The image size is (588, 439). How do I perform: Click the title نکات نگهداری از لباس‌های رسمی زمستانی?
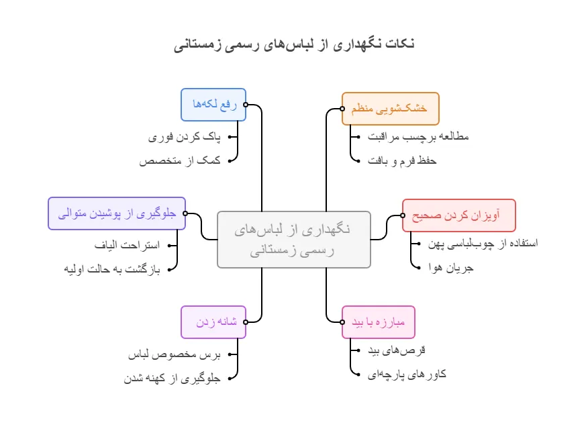pyautogui.click(x=294, y=45)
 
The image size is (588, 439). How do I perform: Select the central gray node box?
pyautogui.click(x=294, y=239)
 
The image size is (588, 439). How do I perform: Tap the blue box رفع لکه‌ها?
pyautogui.click(x=213, y=104)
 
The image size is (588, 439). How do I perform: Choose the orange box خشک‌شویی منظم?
pyautogui.click(x=390, y=109)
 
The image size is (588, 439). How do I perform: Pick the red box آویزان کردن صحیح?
pyautogui.click(x=458, y=215)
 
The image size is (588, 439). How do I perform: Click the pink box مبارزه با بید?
pyautogui.click(x=379, y=322)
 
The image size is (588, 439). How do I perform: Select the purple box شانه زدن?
pyautogui.click(x=213, y=322)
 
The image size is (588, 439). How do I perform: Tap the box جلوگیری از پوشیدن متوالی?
pyautogui.click(x=117, y=213)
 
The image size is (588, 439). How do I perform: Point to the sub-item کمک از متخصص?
pyautogui.click(x=180, y=161)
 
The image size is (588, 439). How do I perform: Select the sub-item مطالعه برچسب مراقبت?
pyautogui.click(x=418, y=137)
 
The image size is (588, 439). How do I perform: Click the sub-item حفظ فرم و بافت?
pyautogui.click(x=402, y=161)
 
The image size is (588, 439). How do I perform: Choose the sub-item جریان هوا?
pyautogui.click(x=451, y=267)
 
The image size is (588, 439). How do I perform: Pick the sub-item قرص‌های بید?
pyautogui.click(x=397, y=350)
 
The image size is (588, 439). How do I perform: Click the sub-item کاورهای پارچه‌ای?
pyautogui.click(x=407, y=375)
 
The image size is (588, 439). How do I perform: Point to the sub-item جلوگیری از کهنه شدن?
pyautogui.click(x=172, y=379)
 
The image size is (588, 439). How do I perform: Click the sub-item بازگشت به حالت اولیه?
pyautogui.click(x=113, y=269)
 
